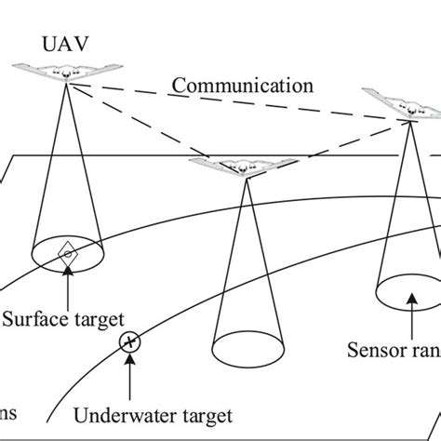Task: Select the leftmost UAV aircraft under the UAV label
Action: (x=64, y=73)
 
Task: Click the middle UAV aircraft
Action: (x=245, y=168)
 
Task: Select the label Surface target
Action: (x=62, y=319)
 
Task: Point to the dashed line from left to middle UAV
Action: (x=140, y=122)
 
